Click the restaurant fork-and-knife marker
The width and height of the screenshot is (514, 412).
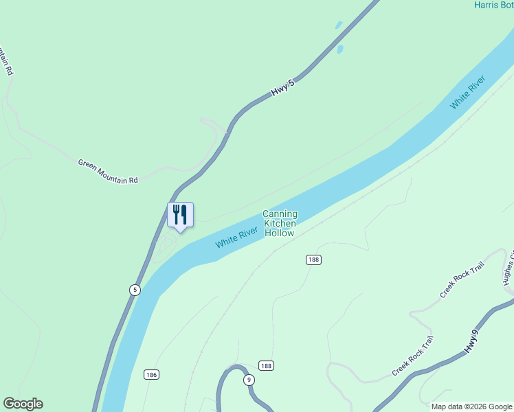tap(180, 215)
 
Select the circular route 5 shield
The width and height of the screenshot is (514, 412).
tap(135, 290)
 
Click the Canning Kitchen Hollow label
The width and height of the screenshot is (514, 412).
tap(280, 224)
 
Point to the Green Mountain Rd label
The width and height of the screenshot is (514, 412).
tap(108, 171)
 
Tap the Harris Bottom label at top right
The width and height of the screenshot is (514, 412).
tap(493, 5)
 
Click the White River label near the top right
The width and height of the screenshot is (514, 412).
tap(468, 92)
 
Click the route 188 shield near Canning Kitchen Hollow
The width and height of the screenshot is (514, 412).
tap(313, 260)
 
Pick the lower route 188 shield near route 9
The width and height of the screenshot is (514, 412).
tap(267, 366)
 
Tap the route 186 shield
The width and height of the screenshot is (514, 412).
tap(152, 374)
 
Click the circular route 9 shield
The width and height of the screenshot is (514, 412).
tap(249, 380)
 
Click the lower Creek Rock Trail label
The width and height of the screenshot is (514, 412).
tap(413, 356)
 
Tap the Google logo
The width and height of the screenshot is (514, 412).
tap(23, 404)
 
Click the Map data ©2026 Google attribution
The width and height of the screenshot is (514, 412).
tap(471, 407)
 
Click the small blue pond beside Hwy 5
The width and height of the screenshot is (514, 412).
tap(339, 49)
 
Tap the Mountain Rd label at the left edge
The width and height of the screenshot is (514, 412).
tap(6, 61)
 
